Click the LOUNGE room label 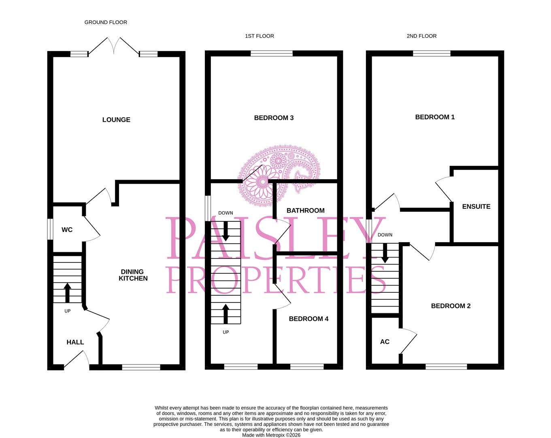(x=116, y=120)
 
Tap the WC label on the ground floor (x=67, y=230)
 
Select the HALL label (x=75, y=342)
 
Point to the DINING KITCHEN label (x=133, y=275)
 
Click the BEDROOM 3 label (x=274, y=118)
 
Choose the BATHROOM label (x=305, y=210)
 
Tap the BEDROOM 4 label (x=308, y=319)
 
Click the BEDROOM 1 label (x=435, y=117)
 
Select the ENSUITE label (x=476, y=206)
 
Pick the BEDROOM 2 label (x=451, y=306)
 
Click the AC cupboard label (x=385, y=342)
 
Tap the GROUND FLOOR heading (x=106, y=22)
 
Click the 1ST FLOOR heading (x=260, y=36)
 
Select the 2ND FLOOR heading (x=421, y=36)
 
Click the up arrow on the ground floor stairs (x=67, y=292)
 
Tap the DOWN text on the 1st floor (x=226, y=213)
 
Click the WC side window (x=50, y=230)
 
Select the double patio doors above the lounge (x=114, y=46)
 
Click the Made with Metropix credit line (x=271, y=435)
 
